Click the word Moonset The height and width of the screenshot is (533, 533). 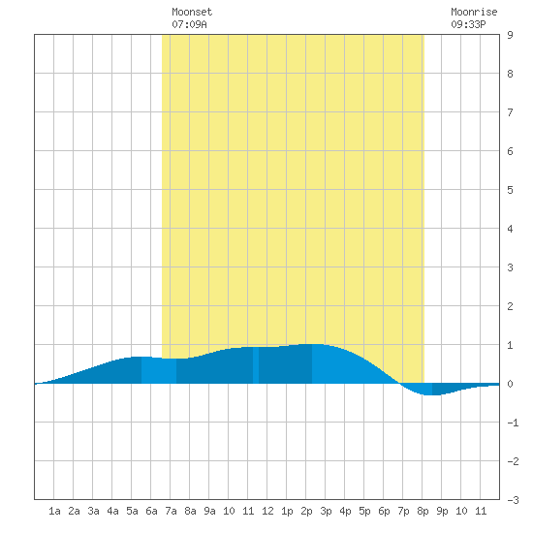192,12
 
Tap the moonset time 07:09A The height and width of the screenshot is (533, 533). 189,24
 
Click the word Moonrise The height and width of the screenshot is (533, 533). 474,12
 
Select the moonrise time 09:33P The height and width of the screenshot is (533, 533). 468,24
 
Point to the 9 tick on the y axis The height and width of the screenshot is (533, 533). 510,35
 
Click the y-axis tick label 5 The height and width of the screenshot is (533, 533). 510,190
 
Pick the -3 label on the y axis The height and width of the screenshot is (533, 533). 514,500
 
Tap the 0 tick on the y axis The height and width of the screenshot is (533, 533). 510,384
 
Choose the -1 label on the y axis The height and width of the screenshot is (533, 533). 514,423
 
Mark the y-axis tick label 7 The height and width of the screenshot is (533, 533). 510,112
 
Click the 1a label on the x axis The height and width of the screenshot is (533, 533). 54,511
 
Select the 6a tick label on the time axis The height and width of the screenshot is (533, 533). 151,511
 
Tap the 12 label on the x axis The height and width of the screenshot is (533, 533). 267,511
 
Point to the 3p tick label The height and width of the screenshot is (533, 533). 326,511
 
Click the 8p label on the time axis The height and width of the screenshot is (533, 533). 423,511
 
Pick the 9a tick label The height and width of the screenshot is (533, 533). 209,511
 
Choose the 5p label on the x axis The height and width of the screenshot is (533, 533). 364,511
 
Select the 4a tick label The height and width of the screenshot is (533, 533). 112,511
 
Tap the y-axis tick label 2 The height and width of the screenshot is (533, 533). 510,306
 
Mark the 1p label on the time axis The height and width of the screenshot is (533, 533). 287,511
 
